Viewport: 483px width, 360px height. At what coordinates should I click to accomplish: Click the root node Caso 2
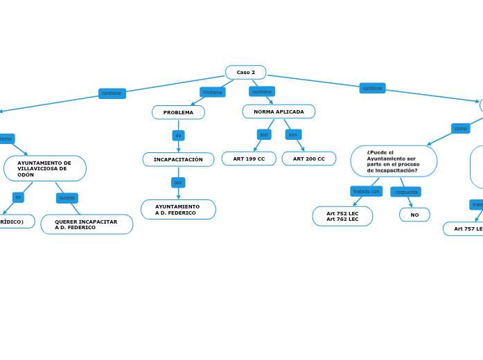(245, 72)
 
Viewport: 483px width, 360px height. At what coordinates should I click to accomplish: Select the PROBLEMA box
(178, 112)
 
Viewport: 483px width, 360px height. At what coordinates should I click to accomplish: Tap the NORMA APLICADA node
(279, 111)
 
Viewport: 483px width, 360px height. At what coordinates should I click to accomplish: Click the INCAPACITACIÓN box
(178, 159)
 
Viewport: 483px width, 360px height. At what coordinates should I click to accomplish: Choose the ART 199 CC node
(249, 159)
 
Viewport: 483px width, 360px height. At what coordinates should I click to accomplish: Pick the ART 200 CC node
(308, 159)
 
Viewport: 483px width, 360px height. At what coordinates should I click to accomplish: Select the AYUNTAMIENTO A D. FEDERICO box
(178, 209)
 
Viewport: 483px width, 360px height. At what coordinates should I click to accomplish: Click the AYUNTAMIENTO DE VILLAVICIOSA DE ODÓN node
(45, 168)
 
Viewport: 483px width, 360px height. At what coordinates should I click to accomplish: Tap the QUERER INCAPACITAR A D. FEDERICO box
(87, 224)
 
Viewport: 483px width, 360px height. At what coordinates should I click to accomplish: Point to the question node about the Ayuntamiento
(393, 161)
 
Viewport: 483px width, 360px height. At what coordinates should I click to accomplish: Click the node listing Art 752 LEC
(342, 216)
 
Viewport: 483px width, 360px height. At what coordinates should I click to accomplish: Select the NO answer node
(414, 215)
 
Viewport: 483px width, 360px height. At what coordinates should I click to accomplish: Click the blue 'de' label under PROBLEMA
(178, 135)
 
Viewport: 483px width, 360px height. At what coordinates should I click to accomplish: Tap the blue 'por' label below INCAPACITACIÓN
(178, 182)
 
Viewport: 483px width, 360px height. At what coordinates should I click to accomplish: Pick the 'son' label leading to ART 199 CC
(264, 134)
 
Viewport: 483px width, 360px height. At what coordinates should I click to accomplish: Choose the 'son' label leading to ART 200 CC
(293, 134)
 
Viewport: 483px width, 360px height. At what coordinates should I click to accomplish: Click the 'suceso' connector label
(67, 197)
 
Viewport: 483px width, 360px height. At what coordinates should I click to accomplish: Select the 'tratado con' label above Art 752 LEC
(366, 191)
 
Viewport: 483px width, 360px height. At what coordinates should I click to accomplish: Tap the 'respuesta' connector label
(405, 192)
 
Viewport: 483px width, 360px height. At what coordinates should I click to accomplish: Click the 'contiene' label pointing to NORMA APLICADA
(262, 91)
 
